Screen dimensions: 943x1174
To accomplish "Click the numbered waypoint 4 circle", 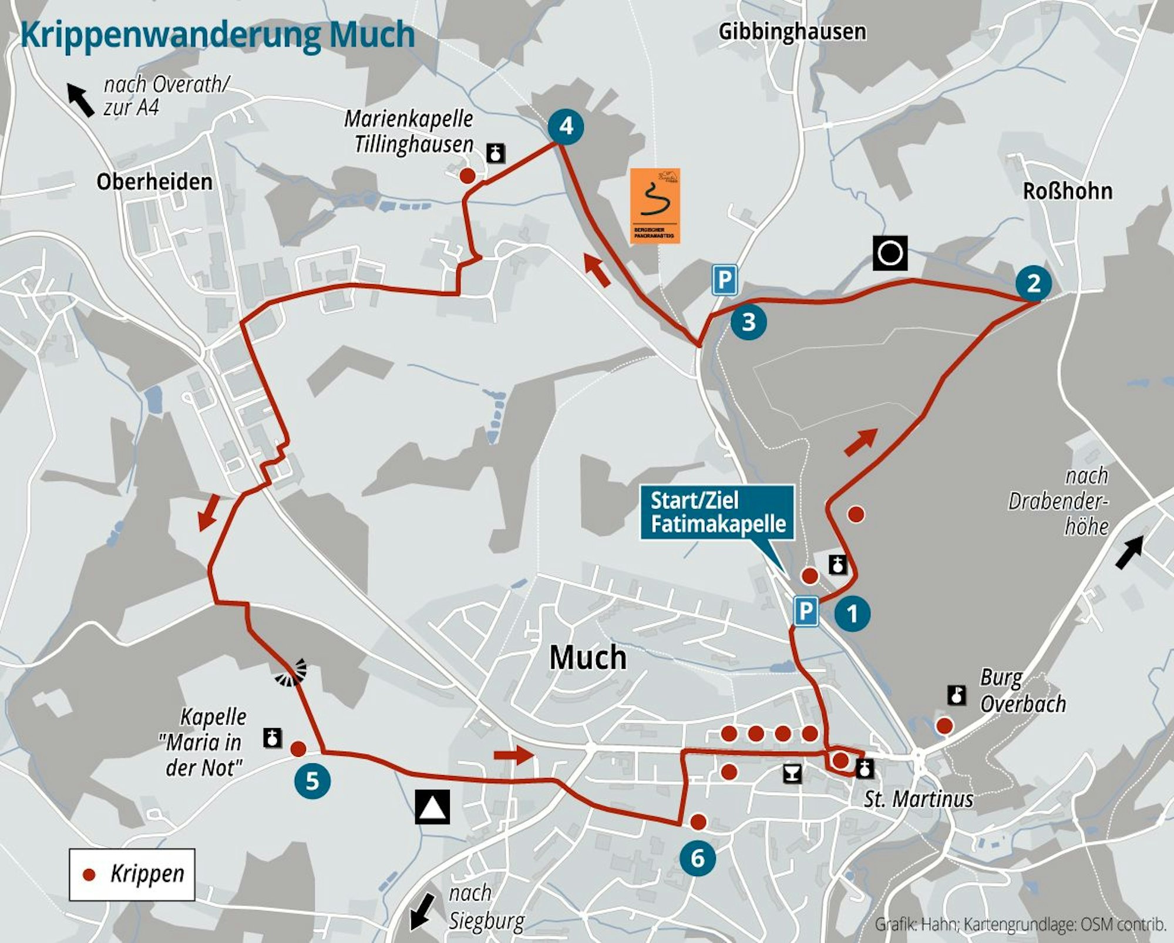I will (565, 126).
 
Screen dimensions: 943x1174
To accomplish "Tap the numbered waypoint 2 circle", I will (1034, 284).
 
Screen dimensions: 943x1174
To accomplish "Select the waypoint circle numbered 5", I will (312, 781).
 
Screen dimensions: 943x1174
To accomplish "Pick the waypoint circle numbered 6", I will (697, 858).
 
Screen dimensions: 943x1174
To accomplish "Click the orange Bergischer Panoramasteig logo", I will (655, 206).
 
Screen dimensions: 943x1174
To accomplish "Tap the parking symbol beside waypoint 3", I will (725, 280).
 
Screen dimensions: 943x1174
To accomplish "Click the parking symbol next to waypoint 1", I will (806, 611).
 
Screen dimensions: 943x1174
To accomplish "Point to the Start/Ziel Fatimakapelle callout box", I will (717, 513).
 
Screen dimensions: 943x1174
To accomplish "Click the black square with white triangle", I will (433, 807).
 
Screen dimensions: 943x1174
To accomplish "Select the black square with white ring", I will (890, 254).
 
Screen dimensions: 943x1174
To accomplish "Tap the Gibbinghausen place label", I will (792, 32).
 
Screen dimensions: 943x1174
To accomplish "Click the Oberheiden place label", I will (154, 182).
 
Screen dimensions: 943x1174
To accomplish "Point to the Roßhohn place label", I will (1067, 191).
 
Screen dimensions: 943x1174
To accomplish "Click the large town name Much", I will (588, 658).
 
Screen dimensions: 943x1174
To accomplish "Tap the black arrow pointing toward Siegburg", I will (422, 911).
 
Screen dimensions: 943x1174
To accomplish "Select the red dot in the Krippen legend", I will (89, 875).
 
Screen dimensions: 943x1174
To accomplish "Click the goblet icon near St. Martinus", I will (792, 773).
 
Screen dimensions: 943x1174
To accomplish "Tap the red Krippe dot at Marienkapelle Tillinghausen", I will (467, 176).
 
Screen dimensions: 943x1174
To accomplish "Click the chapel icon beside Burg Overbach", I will (957, 696).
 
